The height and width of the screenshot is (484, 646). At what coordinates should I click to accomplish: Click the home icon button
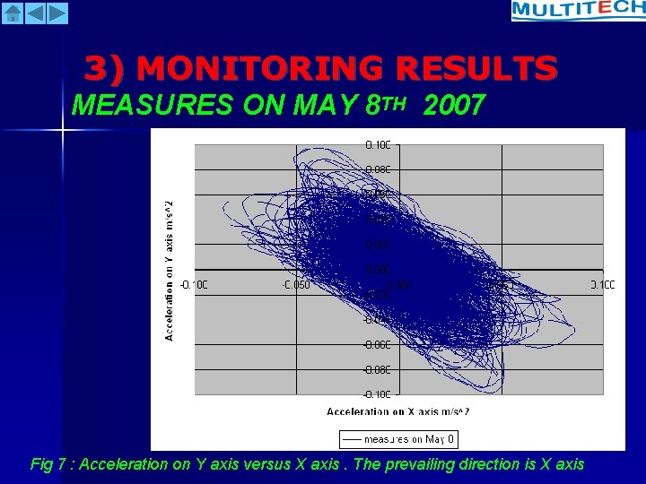13,13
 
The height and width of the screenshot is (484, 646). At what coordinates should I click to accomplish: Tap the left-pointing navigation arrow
35,13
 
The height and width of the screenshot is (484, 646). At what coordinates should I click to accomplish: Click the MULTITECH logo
578,10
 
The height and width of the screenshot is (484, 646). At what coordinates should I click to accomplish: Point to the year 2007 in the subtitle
453,106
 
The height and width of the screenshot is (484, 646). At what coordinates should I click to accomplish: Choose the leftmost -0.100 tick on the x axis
194,285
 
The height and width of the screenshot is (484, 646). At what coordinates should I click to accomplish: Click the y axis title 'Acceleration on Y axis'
169,269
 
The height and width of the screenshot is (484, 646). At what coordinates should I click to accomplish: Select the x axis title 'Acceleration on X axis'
397,411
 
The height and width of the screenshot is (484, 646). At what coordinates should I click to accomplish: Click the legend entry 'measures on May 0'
398,439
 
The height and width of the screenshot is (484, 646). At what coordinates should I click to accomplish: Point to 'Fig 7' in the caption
51,464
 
